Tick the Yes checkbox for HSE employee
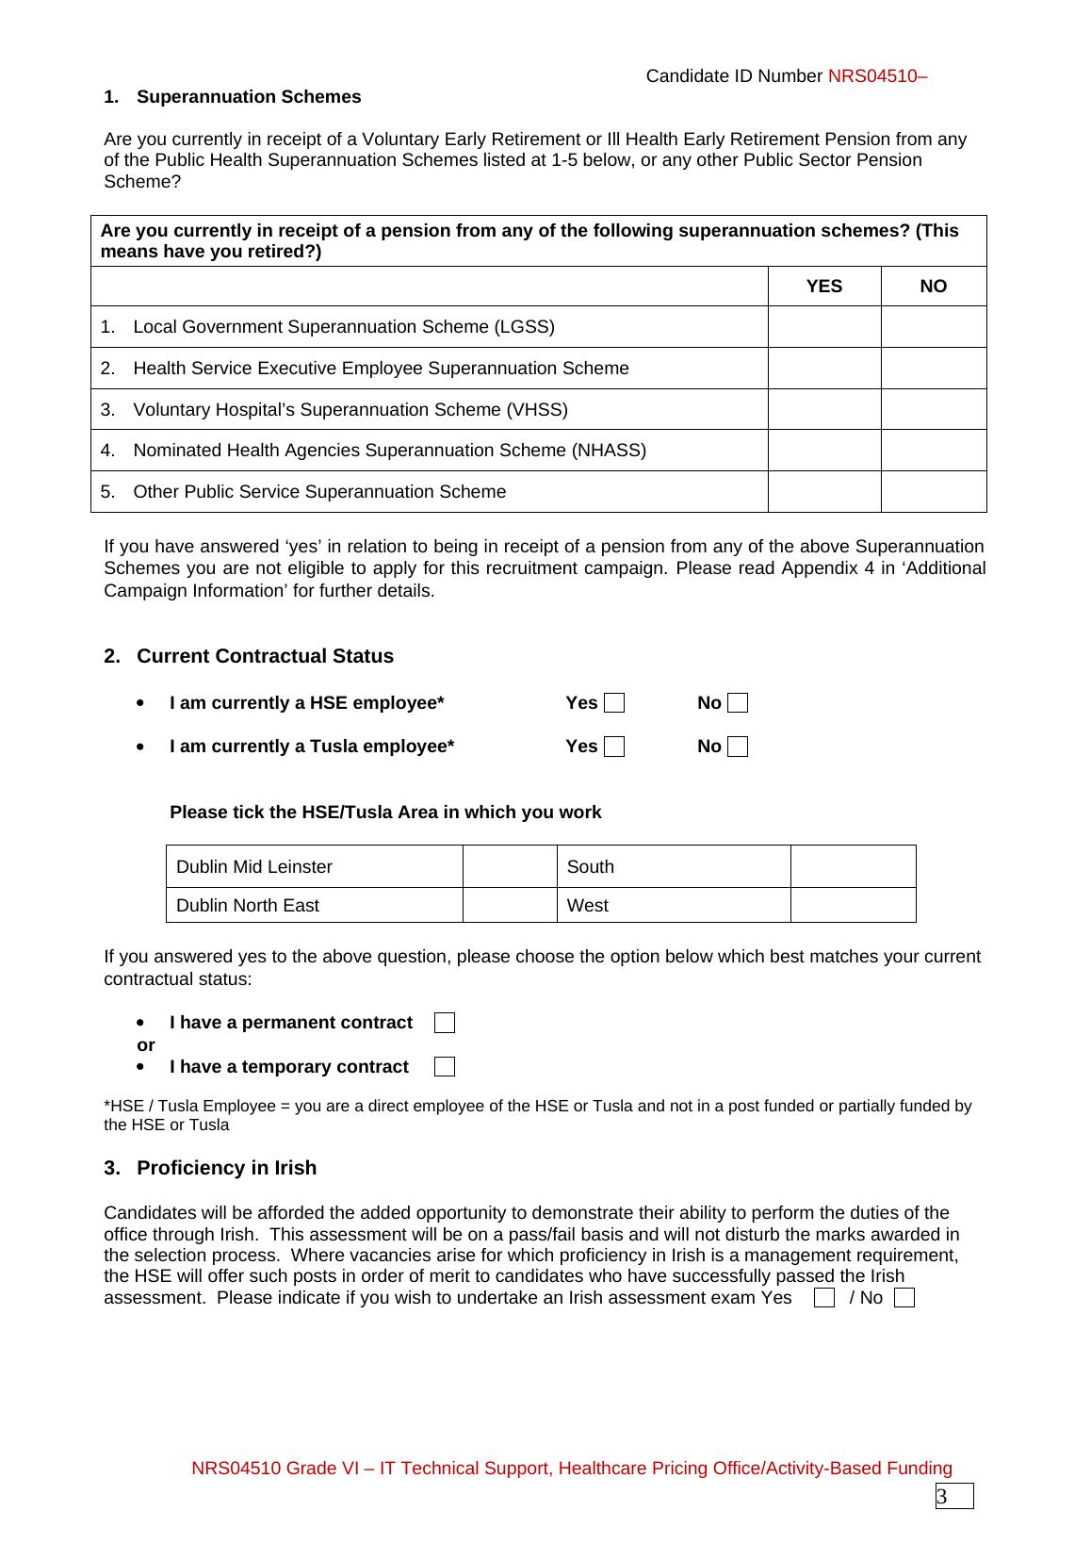point(614,703)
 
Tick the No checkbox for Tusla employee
point(739,747)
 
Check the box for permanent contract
point(445,1023)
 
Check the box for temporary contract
point(445,1067)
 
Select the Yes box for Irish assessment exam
point(824,1298)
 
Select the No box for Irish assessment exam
point(904,1298)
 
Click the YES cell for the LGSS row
point(824,327)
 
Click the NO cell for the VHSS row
point(934,409)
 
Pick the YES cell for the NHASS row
point(824,451)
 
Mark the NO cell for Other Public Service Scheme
point(934,492)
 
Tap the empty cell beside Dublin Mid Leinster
point(510,866)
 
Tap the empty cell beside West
point(853,905)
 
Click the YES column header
point(824,287)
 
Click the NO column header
point(934,287)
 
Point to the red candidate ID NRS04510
point(877,76)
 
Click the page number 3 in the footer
point(942,1497)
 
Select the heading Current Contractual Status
point(265,656)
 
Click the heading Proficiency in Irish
point(226,1168)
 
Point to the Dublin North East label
point(248,905)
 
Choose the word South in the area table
point(591,866)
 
